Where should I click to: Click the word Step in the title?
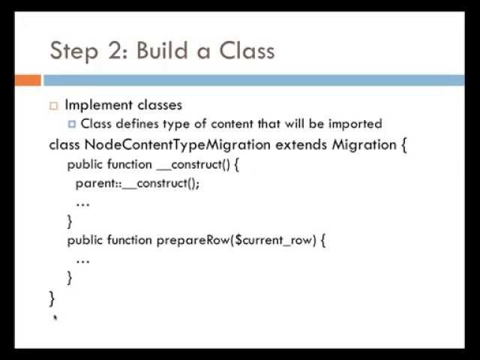pos(73,52)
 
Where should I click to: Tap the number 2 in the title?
pos(115,50)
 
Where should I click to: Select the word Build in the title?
pos(162,49)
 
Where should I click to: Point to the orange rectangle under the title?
pos(28,80)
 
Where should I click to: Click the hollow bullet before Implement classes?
pos(53,106)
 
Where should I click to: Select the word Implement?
pos(98,105)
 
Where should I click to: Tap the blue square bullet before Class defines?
pos(72,124)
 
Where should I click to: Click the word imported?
pos(355,124)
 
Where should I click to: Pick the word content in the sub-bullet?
pos(232,124)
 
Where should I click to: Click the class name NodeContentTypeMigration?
pos(177,145)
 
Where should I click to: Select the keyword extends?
pos(301,145)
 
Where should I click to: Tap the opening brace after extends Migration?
pos(404,145)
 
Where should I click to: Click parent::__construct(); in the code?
pos(137,184)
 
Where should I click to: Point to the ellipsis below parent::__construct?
pos(82,204)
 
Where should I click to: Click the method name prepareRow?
pos(193,240)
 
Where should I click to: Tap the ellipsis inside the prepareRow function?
pos(82,262)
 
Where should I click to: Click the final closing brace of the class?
pos(52,298)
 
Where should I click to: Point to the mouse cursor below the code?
pos(55,317)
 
